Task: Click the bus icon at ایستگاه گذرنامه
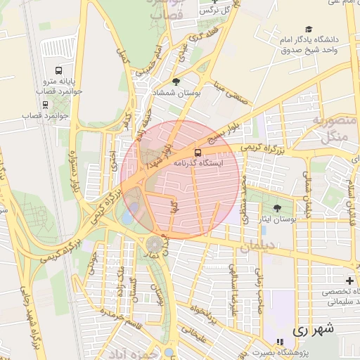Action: (197, 152)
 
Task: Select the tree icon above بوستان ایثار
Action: (277, 208)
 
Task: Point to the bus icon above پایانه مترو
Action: (58, 71)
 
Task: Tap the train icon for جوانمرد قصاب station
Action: (46, 104)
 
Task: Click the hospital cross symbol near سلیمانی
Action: (350, 281)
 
